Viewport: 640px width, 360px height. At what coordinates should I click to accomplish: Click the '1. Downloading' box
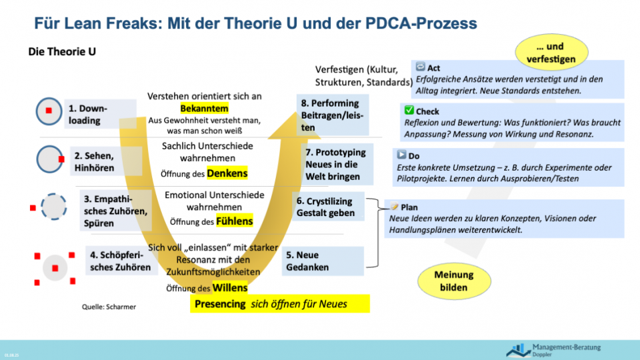tap(101, 114)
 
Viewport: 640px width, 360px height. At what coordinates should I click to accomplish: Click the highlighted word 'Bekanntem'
tap(205, 108)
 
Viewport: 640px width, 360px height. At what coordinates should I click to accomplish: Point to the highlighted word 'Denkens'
tap(227, 173)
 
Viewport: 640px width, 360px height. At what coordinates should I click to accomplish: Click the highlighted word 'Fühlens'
tap(234, 221)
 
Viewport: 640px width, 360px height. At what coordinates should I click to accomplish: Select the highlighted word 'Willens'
tap(229, 288)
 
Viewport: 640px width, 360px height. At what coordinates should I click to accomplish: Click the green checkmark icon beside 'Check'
tap(409, 111)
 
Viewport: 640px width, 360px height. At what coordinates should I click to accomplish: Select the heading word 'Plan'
tap(409, 207)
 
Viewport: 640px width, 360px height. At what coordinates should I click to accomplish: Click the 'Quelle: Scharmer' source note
tap(109, 307)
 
